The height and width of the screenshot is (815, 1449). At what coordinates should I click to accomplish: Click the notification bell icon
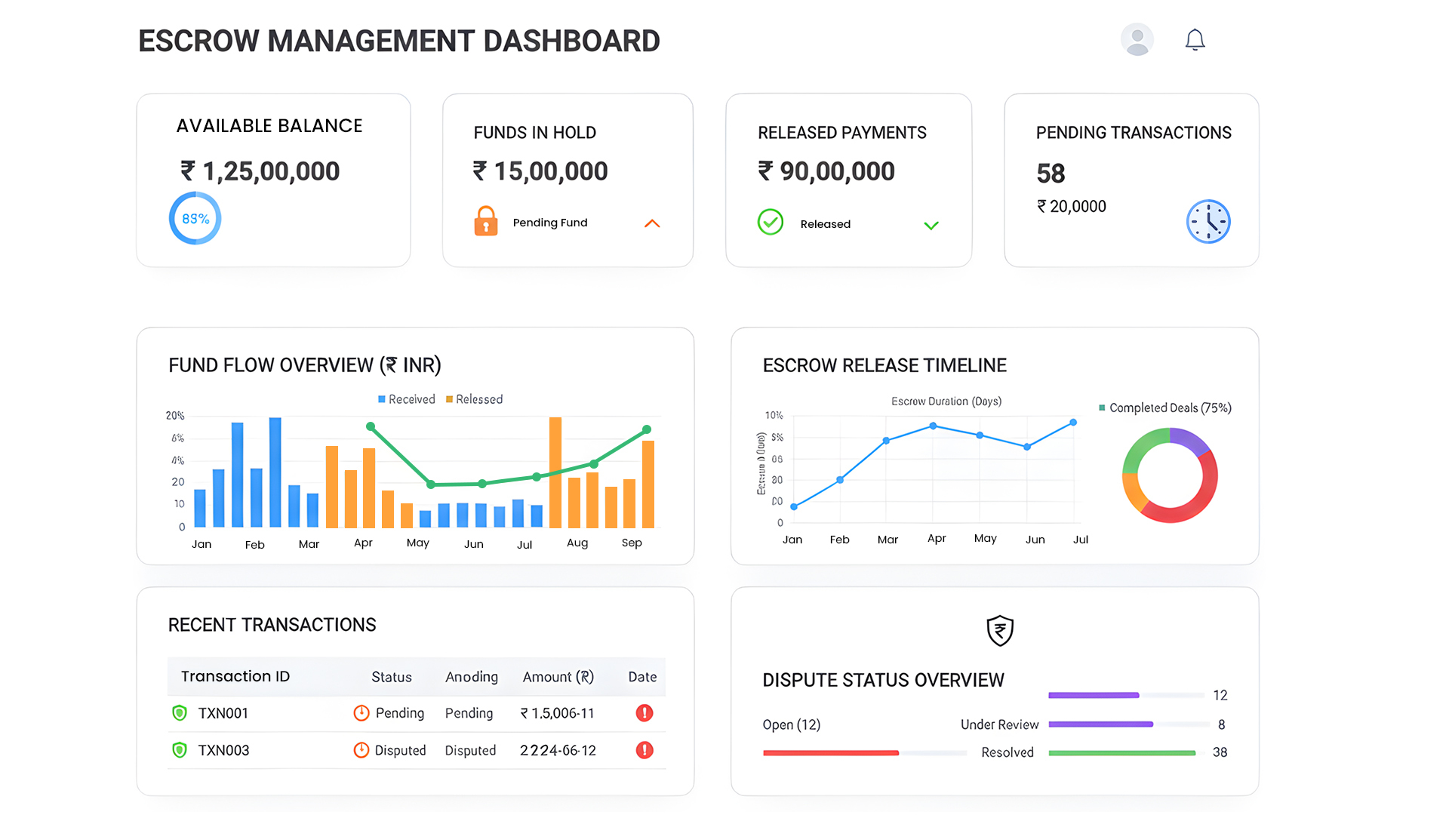coord(1195,40)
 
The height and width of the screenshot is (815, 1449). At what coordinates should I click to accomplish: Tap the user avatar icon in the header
coord(1137,39)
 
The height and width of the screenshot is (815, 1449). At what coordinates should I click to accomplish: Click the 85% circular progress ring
coord(195,219)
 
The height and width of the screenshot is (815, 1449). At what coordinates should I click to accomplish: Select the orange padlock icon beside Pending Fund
coord(486,222)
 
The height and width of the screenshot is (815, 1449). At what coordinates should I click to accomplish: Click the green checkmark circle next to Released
coord(770,223)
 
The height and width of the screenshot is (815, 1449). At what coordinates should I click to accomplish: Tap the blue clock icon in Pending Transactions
coord(1207,222)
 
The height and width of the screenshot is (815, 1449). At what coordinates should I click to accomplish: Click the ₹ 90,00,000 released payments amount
coord(826,171)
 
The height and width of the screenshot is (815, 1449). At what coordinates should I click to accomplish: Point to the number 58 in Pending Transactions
coord(1051,174)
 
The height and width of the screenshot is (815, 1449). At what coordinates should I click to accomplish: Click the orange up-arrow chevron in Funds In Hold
coord(652,223)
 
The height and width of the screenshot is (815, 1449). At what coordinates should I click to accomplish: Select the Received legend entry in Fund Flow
coord(407,399)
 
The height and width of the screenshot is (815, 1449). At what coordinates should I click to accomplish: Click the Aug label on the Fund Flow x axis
coord(577,543)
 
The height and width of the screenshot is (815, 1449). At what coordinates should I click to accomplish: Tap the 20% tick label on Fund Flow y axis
coord(175,416)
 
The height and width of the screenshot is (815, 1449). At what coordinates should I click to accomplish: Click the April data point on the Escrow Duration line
coord(934,426)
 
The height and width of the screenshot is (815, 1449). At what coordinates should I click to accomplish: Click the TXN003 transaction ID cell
coord(223,750)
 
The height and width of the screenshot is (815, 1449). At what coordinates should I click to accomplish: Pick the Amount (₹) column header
coord(558,677)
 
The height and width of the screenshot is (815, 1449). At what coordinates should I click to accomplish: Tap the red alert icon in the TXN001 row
coord(644,713)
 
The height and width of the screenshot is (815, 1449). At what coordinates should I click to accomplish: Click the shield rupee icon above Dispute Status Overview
coord(1000,630)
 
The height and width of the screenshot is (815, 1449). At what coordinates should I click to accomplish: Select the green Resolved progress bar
coord(1121,752)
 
